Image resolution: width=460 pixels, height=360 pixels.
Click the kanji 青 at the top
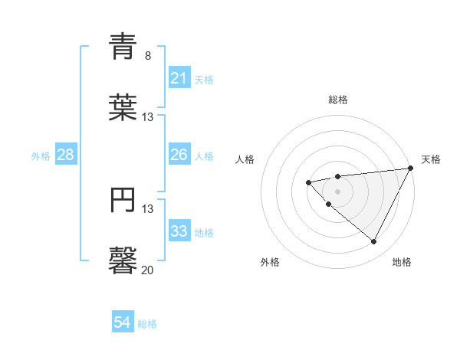point(123,47)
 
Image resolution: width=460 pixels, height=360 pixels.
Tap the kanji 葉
point(123,106)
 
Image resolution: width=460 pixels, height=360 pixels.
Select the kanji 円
point(123,198)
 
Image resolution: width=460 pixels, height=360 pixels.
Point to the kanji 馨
point(123,259)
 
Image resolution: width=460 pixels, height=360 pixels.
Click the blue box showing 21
point(179,78)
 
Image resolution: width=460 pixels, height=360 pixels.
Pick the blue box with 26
point(179,155)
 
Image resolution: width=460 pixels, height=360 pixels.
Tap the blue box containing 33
point(179,231)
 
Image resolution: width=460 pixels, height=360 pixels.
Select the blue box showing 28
point(66,155)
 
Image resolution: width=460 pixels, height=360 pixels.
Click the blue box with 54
point(123,322)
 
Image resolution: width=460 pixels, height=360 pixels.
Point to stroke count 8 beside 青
point(147,56)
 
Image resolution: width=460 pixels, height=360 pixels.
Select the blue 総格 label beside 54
point(147,324)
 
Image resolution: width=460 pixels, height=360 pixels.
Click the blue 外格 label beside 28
point(41,155)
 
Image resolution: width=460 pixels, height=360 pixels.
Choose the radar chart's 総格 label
point(338,100)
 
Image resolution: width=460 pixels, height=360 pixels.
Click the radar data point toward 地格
point(374,242)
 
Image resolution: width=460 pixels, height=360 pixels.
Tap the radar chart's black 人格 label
point(245,159)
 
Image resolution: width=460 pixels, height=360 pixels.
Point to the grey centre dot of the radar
point(338,191)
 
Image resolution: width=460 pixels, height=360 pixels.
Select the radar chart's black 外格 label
point(270,262)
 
